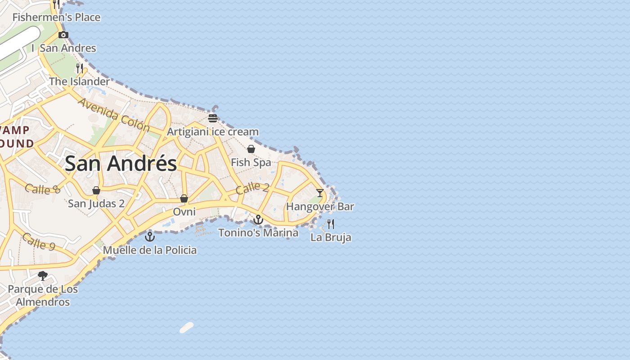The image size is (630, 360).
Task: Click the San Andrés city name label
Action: (121, 163)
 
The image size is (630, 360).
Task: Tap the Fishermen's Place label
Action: (56, 18)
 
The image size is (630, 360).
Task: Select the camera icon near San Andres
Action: (63, 35)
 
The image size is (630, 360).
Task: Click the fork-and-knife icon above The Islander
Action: (80, 68)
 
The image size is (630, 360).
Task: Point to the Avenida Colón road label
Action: (113, 115)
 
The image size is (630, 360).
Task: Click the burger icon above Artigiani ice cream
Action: (213, 118)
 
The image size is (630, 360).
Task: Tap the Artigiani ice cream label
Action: (213, 132)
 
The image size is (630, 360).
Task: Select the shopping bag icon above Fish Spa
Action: (251, 149)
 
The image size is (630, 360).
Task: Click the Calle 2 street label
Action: (252, 188)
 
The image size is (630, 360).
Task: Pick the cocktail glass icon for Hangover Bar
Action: (320, 193)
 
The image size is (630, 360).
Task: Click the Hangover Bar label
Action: (320, 207)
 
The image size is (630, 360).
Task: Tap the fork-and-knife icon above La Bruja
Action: (331, 224)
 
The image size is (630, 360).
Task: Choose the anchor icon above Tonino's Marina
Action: (258, 220)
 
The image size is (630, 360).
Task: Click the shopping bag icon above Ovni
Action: (184, 198)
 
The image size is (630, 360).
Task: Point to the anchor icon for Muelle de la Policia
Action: (150, 236)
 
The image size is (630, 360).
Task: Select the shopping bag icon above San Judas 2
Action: (96, 190)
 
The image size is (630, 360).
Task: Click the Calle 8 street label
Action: (43, 189)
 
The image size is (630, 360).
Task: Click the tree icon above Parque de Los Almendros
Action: (43, 275)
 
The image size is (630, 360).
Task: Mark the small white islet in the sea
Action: (186, 328)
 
